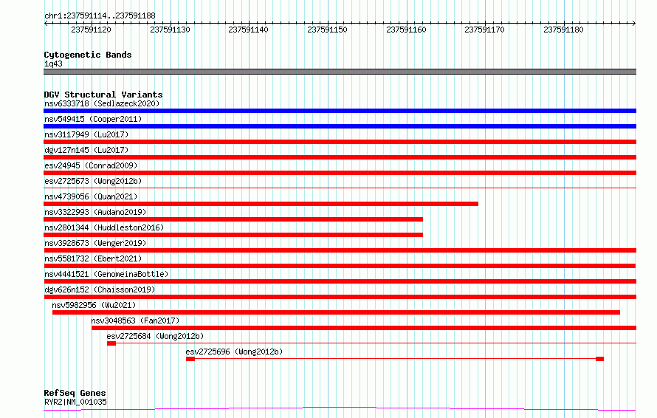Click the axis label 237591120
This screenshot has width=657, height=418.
[91, 30]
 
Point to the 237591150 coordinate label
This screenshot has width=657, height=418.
[327, 30]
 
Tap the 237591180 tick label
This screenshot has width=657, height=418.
[563, 30]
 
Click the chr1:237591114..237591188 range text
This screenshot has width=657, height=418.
[100, 16]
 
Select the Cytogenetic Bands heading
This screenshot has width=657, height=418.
[88, 55]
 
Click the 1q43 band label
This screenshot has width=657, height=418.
[53, 64]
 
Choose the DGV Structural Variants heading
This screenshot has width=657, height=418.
[103, 95]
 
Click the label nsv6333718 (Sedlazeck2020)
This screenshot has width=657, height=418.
[102, 103]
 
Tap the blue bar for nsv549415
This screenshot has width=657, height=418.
[340, 126]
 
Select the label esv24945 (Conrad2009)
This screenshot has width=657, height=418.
[91, 165]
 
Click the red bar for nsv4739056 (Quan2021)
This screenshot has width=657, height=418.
[261, 204]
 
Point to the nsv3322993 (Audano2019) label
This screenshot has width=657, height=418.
[95, 212]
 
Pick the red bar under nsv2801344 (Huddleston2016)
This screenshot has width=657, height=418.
[233, 235]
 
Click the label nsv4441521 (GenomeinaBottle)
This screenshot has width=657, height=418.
[106, 274]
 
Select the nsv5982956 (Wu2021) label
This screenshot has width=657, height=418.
[94, 305]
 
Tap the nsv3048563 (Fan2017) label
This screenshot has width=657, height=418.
[135, 321]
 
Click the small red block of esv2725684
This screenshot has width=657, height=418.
[111, 343]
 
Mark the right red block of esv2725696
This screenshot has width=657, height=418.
[599, 359]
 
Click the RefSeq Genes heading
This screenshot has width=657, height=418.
[75, 393]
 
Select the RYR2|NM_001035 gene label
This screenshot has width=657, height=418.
[75, 402]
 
